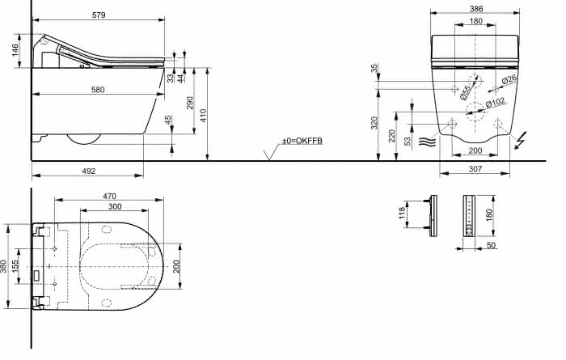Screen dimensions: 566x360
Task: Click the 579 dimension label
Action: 99,15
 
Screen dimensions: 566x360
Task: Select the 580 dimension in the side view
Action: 98,89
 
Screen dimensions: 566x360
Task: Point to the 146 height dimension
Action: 15,50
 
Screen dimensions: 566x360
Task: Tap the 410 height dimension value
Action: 203,116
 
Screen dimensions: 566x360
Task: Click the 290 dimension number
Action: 190,103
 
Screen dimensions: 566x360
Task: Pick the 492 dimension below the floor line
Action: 89,171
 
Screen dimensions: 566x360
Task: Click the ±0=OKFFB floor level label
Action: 302,141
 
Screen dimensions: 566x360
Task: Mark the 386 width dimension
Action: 476,8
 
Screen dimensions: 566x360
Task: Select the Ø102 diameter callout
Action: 495,103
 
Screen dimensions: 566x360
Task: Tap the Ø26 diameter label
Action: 509,78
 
